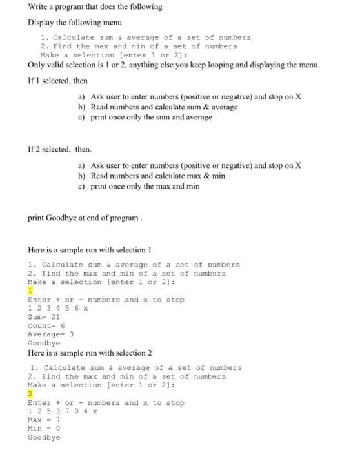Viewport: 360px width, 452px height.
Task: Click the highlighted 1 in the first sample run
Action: [x=30, y=291]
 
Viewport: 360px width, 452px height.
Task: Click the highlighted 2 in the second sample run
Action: [x=30, y=393]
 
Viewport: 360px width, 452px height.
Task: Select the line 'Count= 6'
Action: [x=46, y=325]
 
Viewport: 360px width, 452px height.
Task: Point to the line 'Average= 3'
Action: [x=51, y=334]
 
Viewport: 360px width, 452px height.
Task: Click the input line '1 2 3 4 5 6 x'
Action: [x=58, y=308]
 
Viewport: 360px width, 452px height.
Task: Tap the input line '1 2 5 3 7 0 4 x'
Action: [x=63, y=411]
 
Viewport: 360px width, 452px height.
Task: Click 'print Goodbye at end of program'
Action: [x=84, y=218]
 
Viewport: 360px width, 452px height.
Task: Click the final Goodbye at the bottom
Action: [x=44, y=437]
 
